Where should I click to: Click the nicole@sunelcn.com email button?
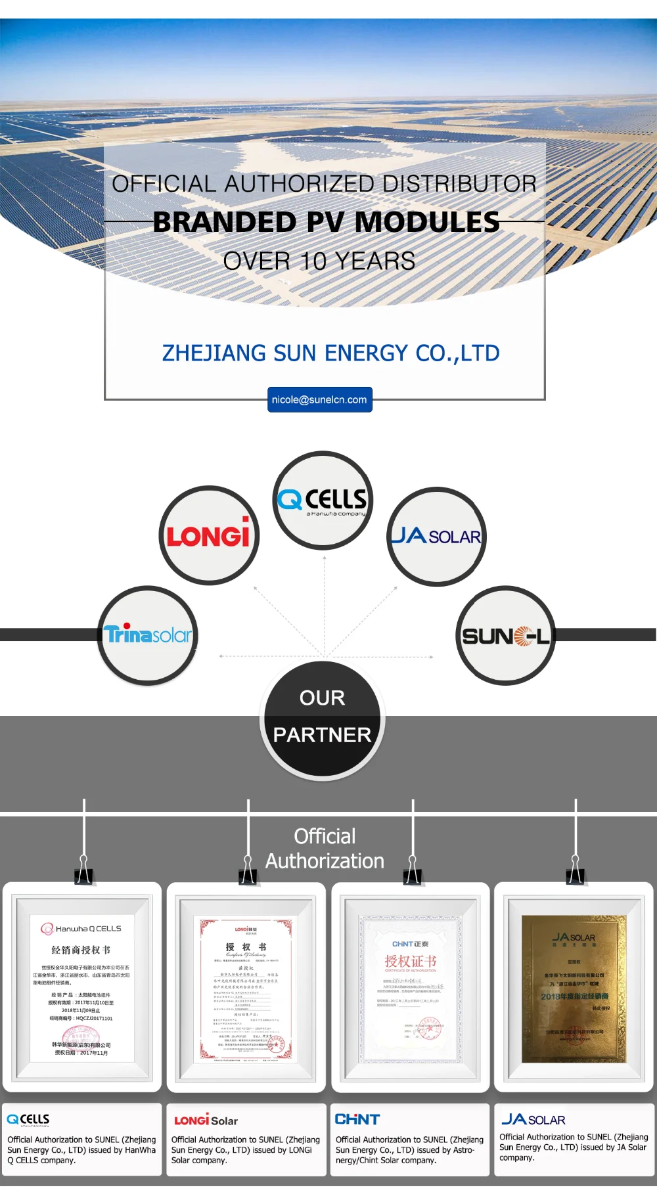(319, 399)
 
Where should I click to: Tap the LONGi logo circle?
(209, 535)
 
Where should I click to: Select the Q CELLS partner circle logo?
(323, 500)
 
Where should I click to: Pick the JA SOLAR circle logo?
(436, 537)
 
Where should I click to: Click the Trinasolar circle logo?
(148, 635)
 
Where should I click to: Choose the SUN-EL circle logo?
(505, 636)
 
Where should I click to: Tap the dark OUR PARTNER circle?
(322, 719)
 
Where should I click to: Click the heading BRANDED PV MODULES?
(326, 222)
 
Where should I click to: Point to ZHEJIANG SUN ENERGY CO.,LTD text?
(330, 353)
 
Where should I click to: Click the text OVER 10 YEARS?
(319, 261)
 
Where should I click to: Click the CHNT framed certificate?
(411, 988)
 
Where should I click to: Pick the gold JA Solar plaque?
(574, 988)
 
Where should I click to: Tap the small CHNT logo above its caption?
(357, 1119)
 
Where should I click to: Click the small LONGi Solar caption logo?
(206, 1121)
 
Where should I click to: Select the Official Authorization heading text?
(325, 849)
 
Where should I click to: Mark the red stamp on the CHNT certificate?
(428, 1030)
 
